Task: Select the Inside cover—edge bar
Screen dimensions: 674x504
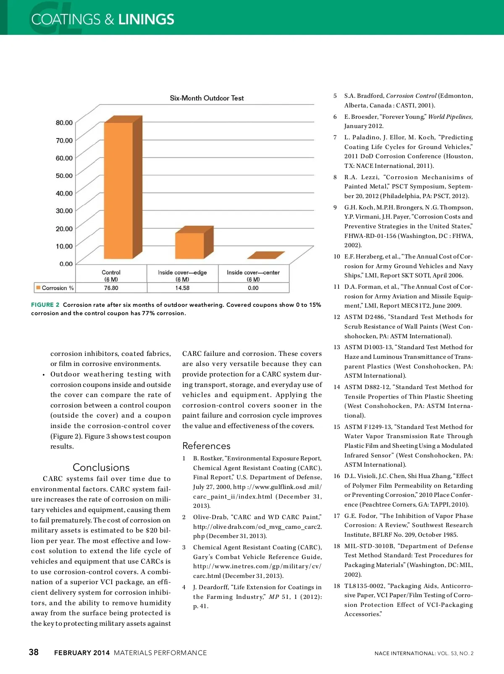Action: pyautogui.click(x=190, y=246)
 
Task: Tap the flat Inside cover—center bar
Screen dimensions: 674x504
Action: pyautogui.click(x=265, y=255)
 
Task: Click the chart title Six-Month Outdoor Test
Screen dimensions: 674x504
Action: pyautogui.click(x=207, y=98)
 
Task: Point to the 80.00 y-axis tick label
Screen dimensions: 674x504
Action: pyautogui.click(x=64, y=123)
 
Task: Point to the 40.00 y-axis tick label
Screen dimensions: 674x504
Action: pyautogui.click(x=64, y=193)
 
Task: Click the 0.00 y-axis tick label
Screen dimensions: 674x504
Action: pyautogui.click(x=66, y=264)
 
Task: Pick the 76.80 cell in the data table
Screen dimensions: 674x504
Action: pyautogui.click(x=111, y=288)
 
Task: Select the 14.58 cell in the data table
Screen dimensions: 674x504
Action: pyautogui.click(x=182, y=288)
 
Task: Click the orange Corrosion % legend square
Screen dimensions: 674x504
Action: pyautogui.click(x=38, y=287)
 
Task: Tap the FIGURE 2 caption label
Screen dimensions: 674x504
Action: pyautogui.click(x=45, y=305)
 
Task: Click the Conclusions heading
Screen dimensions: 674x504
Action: pyautogui.click(x=101, y=467)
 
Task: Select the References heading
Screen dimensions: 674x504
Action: pyautogui.click(x=206, y=446)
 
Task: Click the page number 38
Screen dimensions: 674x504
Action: pyautogui.click(x=34, y=652)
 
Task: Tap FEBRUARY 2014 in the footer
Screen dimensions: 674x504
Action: pyautogui.click(x=82, y=653)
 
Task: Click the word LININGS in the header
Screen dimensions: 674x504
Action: pyautogui.click(x=146, y=19)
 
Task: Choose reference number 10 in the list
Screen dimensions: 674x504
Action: pyautogui.click(x=337, y=256)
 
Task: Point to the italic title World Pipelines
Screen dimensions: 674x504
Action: pyautogui.click(x=450, y=117)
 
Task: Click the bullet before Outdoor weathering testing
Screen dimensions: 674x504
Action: pyautogui.click(x=44, y=375)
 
